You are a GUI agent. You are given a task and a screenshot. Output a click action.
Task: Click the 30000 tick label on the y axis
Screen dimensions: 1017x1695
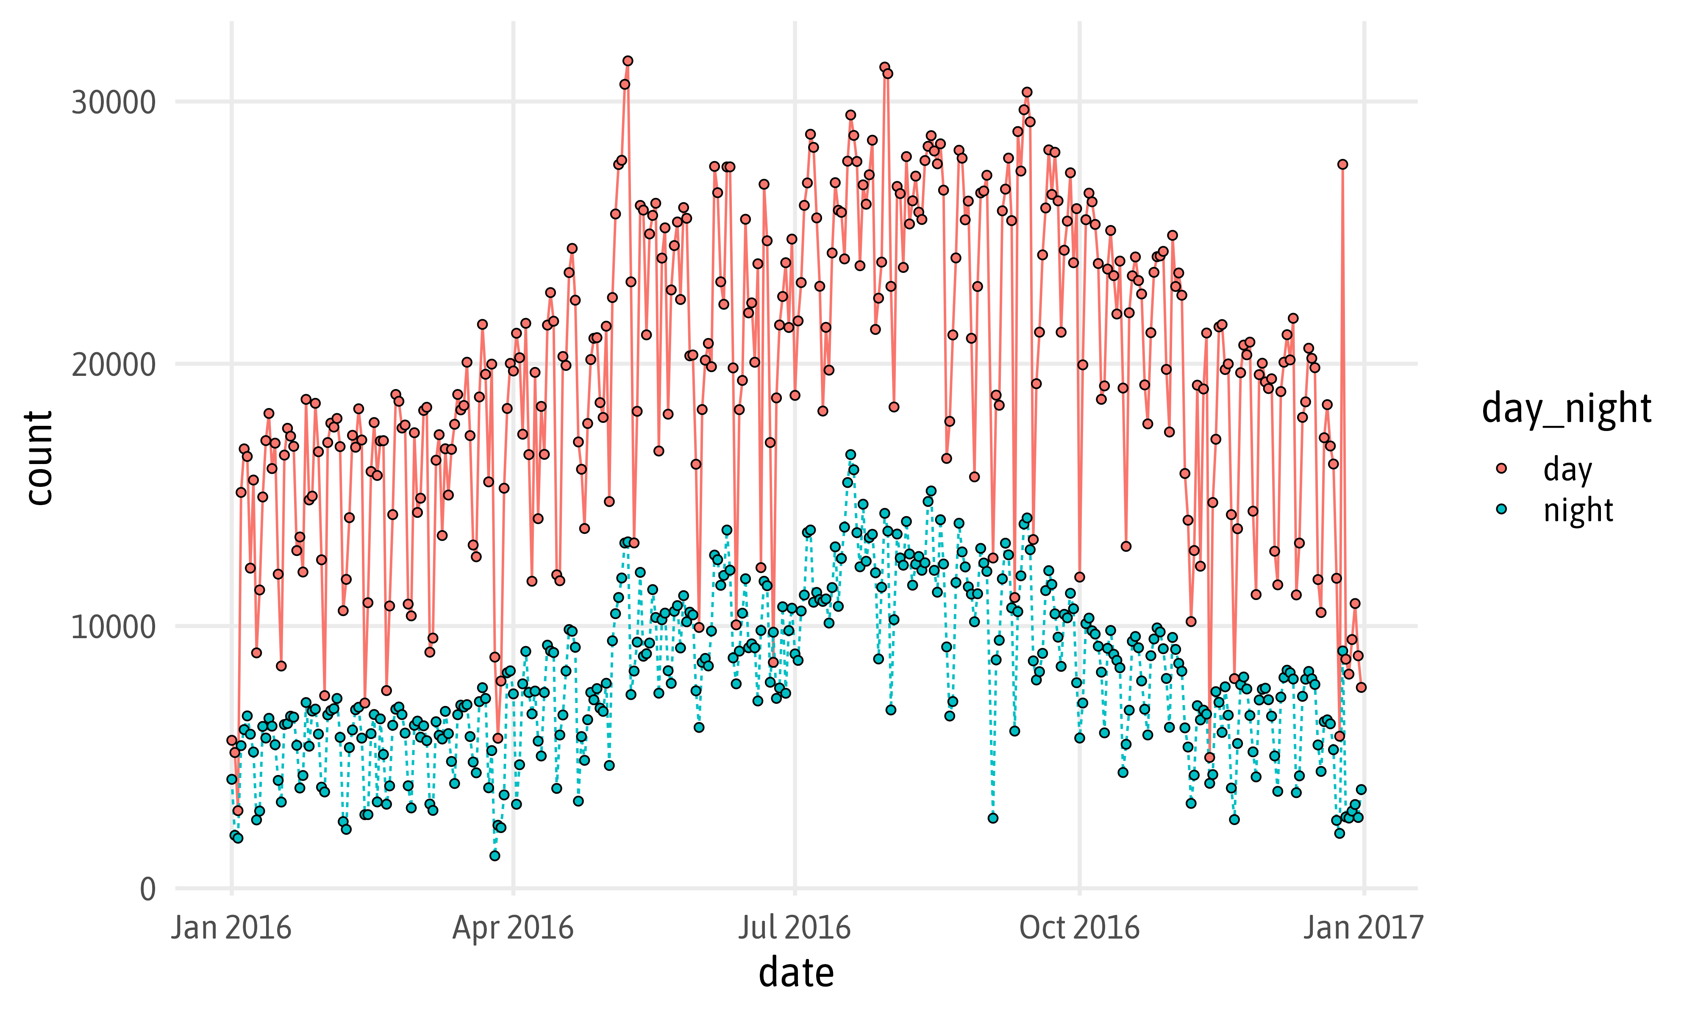point(113,103)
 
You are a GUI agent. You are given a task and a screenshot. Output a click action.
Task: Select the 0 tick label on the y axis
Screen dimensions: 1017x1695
point(148,889)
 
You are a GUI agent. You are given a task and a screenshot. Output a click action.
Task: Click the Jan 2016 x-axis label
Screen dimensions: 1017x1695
point(231,928)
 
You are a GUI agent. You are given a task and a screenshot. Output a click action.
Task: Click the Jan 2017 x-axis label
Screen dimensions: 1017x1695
point(1363,928)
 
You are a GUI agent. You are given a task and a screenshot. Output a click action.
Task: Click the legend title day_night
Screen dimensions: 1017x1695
point(1566,408)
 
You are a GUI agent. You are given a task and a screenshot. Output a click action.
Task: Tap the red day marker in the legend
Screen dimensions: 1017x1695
point(1501,468)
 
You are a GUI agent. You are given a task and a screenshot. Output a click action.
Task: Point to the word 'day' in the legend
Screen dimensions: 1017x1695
point(1567,470)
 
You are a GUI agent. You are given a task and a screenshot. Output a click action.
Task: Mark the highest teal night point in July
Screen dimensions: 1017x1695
point(850,454)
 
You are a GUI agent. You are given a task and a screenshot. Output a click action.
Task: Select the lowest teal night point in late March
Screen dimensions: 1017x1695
point(495,855)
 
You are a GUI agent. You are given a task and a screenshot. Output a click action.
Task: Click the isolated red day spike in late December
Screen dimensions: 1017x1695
point(1342,164)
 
